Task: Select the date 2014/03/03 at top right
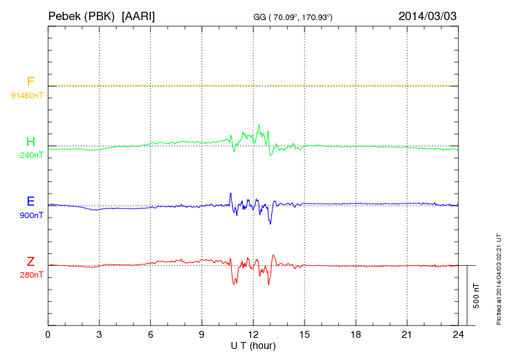coord(428,15)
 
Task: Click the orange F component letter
coord(30,82)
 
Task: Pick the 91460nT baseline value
coord(26,95)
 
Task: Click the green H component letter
coord(30,142)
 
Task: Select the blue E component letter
coord(30,201)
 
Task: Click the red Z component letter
coord(30,262)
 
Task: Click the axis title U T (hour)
coord(253,345)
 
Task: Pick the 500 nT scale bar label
coord(477,296)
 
